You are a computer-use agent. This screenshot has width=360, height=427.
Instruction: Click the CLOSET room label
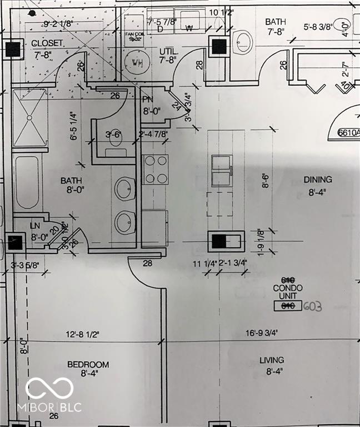click(x=48, y=43)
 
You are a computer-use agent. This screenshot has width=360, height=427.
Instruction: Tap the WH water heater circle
click(x=137, y=62)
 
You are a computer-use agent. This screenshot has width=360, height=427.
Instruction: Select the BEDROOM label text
click(x=88, y=365)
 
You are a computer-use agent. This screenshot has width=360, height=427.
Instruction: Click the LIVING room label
click(x=272, y=360)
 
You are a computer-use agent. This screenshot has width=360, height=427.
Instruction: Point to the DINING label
click(x=318, y=180)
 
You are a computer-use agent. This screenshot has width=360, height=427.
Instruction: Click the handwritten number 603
click(x=313, y=306)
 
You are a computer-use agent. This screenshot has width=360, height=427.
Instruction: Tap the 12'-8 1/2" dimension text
click(x=83, y=334)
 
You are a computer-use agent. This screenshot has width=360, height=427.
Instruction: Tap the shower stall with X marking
click(x=30, y=118)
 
